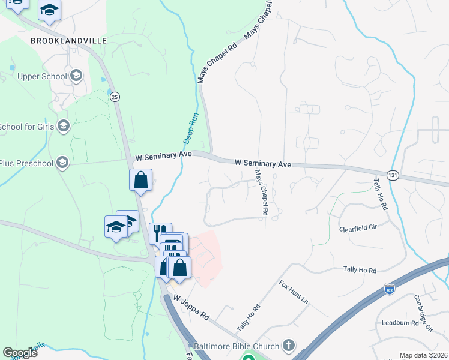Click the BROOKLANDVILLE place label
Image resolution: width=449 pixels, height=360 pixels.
click(x=69, y=40)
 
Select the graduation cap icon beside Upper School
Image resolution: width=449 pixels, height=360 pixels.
click(x=76, y=76)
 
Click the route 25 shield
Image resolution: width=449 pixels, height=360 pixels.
click(x=115, y=96)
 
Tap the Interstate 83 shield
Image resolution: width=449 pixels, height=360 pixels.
click(x=390, y=290)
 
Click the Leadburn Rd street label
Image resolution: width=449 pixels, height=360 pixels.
click(x=400, y=323)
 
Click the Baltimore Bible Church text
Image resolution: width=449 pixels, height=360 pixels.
click(x=236, y=346)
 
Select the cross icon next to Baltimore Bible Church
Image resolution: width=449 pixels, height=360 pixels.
click(x=289, y=346)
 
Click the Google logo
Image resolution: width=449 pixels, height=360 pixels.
click(x=20, y=353)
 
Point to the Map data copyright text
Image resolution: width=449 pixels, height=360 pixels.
click(x=423, y=355)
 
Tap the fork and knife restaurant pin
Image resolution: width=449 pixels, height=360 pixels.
click(x=159, y=231)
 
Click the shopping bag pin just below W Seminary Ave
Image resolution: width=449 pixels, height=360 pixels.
click(x=140, y=179)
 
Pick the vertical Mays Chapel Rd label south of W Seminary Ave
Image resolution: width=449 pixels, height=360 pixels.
click(x=261, y=192)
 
